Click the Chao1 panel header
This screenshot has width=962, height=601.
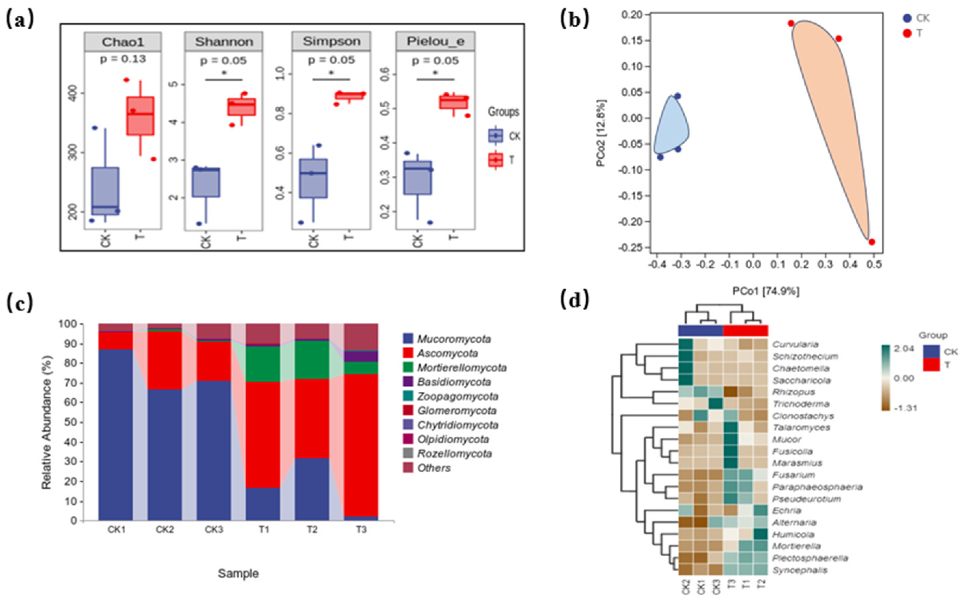pos(122,42)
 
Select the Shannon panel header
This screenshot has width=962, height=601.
pos(224,42)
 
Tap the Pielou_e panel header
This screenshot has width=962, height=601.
pos(435,42)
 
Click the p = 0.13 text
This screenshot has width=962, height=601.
pos(122,59)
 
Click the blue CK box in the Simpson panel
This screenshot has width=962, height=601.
pos(313,178)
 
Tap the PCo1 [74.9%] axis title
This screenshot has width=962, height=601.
pos(766,291)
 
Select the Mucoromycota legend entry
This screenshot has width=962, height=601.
pos(453,339)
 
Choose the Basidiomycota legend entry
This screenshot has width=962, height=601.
pos(453,382)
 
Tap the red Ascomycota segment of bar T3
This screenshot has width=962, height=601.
pos(361,445)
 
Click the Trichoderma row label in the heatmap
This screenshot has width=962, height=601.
pos(801,404)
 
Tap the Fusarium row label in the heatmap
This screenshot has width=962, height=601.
pos(793,475)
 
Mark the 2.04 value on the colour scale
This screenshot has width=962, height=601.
pos(904,349)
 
